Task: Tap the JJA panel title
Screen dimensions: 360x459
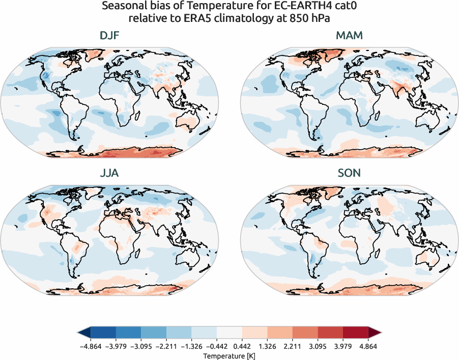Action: click(x=109, y=173)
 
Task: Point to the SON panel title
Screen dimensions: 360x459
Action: click(x=349, y=173)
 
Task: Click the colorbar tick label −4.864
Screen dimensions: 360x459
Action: click(x=91, y=346)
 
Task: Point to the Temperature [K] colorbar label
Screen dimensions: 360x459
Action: click(x=229, y=354)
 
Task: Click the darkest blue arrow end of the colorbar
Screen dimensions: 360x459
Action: click(x=83, y=333)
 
